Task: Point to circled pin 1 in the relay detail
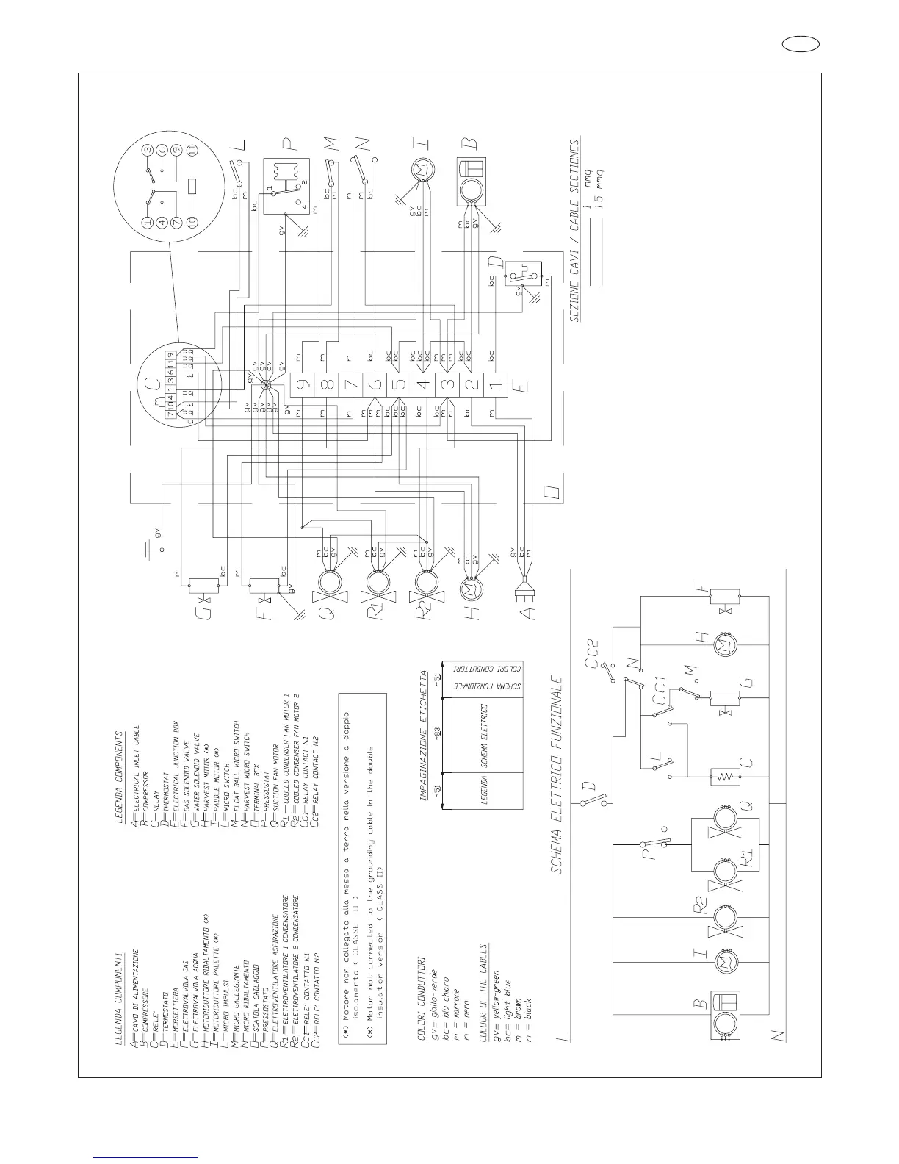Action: (x=148, y=222)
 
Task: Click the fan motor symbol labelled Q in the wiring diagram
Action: (x=325, y=583)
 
